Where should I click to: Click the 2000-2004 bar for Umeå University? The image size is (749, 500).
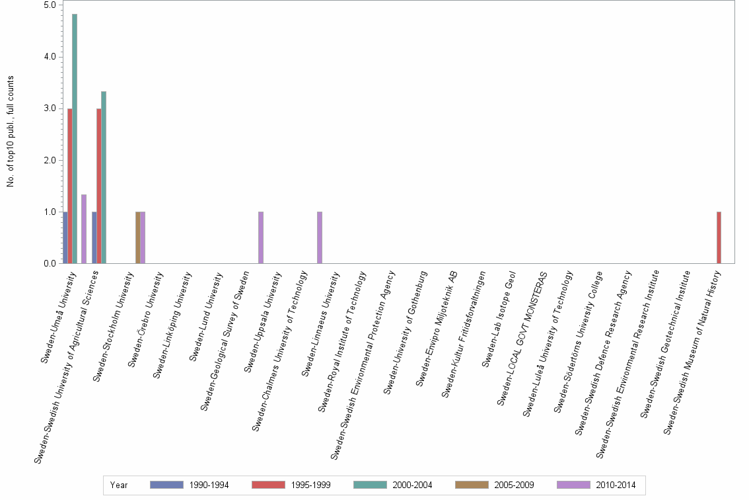pyautogui.click(x=75, y=139)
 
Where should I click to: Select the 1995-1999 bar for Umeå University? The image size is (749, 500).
pyautogui.click(x=70, y=186)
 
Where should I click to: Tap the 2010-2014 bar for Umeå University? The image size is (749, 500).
pyautogui.click(x=84, y=229)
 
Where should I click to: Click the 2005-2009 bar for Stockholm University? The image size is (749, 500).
pyautogui.click(x=137, y=237)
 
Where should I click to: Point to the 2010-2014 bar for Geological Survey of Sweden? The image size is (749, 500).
pyautogui.click(x=261, y=237)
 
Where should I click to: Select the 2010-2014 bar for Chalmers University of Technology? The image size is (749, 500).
pyautogui.click(x=320, y=237)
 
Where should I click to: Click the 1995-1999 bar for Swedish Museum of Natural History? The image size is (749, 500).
pyautogui.click(x=719, y=237)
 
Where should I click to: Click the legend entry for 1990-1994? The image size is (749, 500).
pyautogui.click(x=190, y=485)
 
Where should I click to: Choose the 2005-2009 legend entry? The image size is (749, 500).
pyautogui.click(x=495, y=485)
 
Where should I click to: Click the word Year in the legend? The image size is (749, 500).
pyautogui.click(x=119, y=485)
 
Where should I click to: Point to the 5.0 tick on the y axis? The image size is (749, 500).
pyautogui.click(x=50, y=5)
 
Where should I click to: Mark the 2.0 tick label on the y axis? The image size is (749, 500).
pyautogui.click(x=50, y=160)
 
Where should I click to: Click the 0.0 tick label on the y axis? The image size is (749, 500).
pyautogui.click(x=50, y=264)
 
